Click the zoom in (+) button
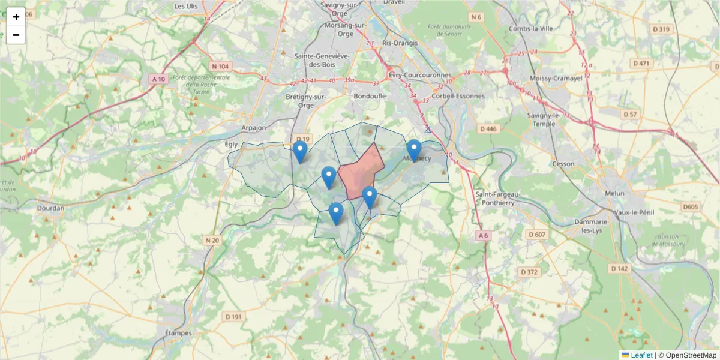point(16,17)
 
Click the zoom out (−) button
point(16,35)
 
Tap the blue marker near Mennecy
point(413,150)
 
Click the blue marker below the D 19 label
point(300,152)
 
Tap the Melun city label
point(614,193)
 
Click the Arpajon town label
point(253,128)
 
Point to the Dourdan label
point(50,209)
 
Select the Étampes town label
point(178,333)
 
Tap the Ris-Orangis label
point(399,43)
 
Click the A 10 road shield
point(158,79)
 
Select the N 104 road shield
point(220,66)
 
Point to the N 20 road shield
point(212,241)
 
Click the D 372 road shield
point(529,272)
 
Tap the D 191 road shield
point(233,316)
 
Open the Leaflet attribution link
point(641,355)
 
